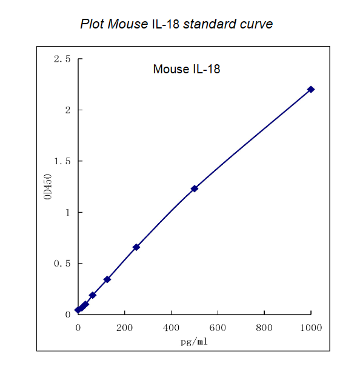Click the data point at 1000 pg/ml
tap(311, 89)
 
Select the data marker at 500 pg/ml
tap(195, 188)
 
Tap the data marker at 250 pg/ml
tap(136, 247)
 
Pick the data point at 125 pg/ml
tap(107, 279)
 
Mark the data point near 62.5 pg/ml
tap(93, 295)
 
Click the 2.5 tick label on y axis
tap(62, 59)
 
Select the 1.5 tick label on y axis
tap(62, 161)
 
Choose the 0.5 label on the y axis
tap(62, 264)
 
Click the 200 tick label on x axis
tap(125, 328)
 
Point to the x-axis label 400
tap(172, 328)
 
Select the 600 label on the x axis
tap(218, 328)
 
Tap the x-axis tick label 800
tap(264, 328)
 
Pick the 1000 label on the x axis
tap(311, 328)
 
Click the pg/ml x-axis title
tap(194, 341)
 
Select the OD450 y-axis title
tap(48, 187)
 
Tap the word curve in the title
tap(255, 24)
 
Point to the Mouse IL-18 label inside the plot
tap(186, 69)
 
